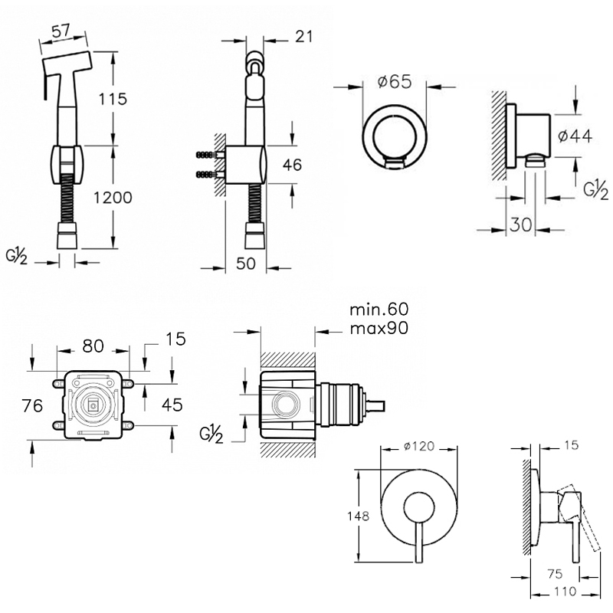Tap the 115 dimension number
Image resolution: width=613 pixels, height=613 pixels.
(113, 98)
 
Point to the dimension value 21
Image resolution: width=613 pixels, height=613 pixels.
(303, 35)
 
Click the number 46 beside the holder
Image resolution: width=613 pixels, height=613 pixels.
(292, 165)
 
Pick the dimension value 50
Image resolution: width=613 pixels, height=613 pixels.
(245, 264)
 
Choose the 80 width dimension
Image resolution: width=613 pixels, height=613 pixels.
(93, 346)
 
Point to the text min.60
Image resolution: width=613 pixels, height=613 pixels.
(379, 310)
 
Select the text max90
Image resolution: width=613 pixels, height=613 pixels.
(379, 328)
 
